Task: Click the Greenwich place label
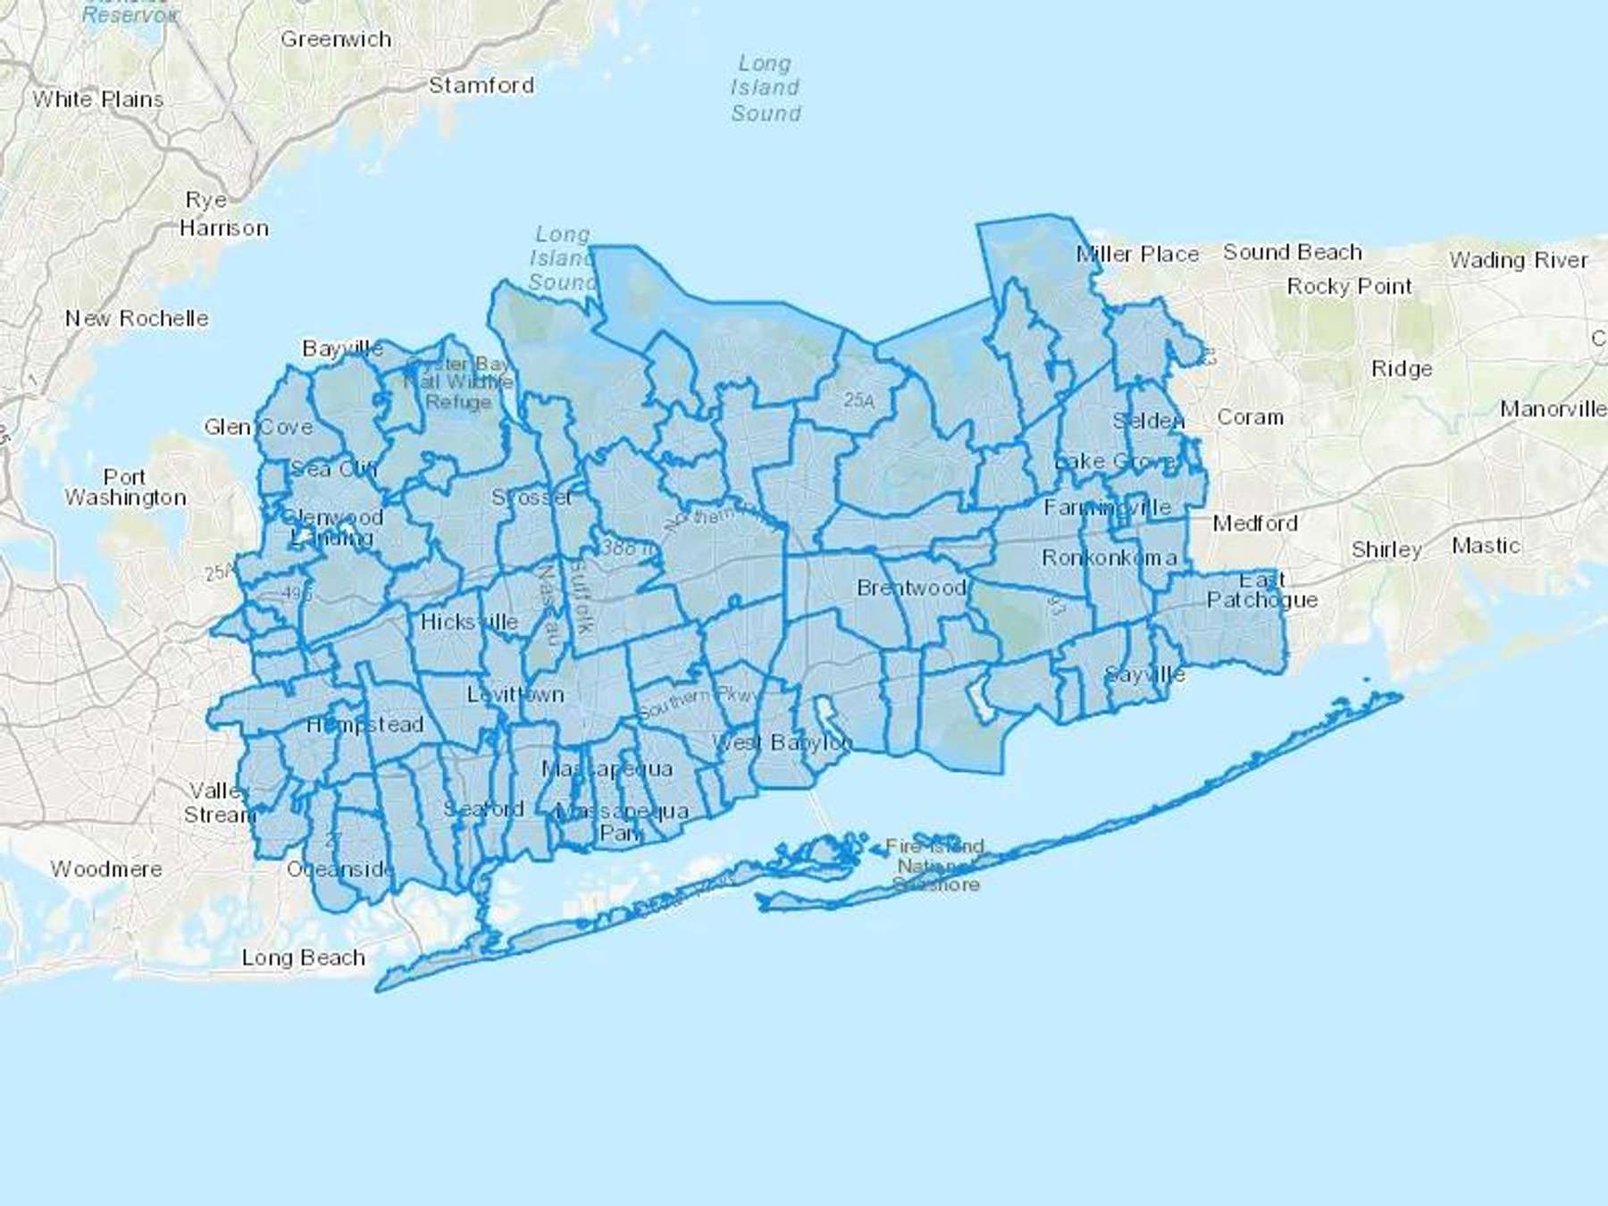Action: point(336,39)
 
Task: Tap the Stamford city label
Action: point(482,86)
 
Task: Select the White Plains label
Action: point(98,99)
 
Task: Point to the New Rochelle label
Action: point(137,319)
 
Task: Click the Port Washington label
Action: point(125,488)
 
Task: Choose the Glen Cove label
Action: point(258,427)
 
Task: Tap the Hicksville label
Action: point(469,622)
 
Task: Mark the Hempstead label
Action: point(364,724)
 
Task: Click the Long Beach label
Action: point(304,959)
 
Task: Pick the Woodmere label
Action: point(106,869)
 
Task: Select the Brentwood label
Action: point(911,588)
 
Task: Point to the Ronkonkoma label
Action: point(1109,558)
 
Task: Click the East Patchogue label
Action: point(1262,590)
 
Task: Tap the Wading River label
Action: point(1519,260)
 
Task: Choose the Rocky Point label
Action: point(1349,287)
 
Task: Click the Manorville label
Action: point(1553,409)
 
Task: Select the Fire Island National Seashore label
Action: point(935,865)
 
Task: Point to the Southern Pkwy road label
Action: point(698,703)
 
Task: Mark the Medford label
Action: point(1255,523)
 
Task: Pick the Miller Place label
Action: point(1137,255)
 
